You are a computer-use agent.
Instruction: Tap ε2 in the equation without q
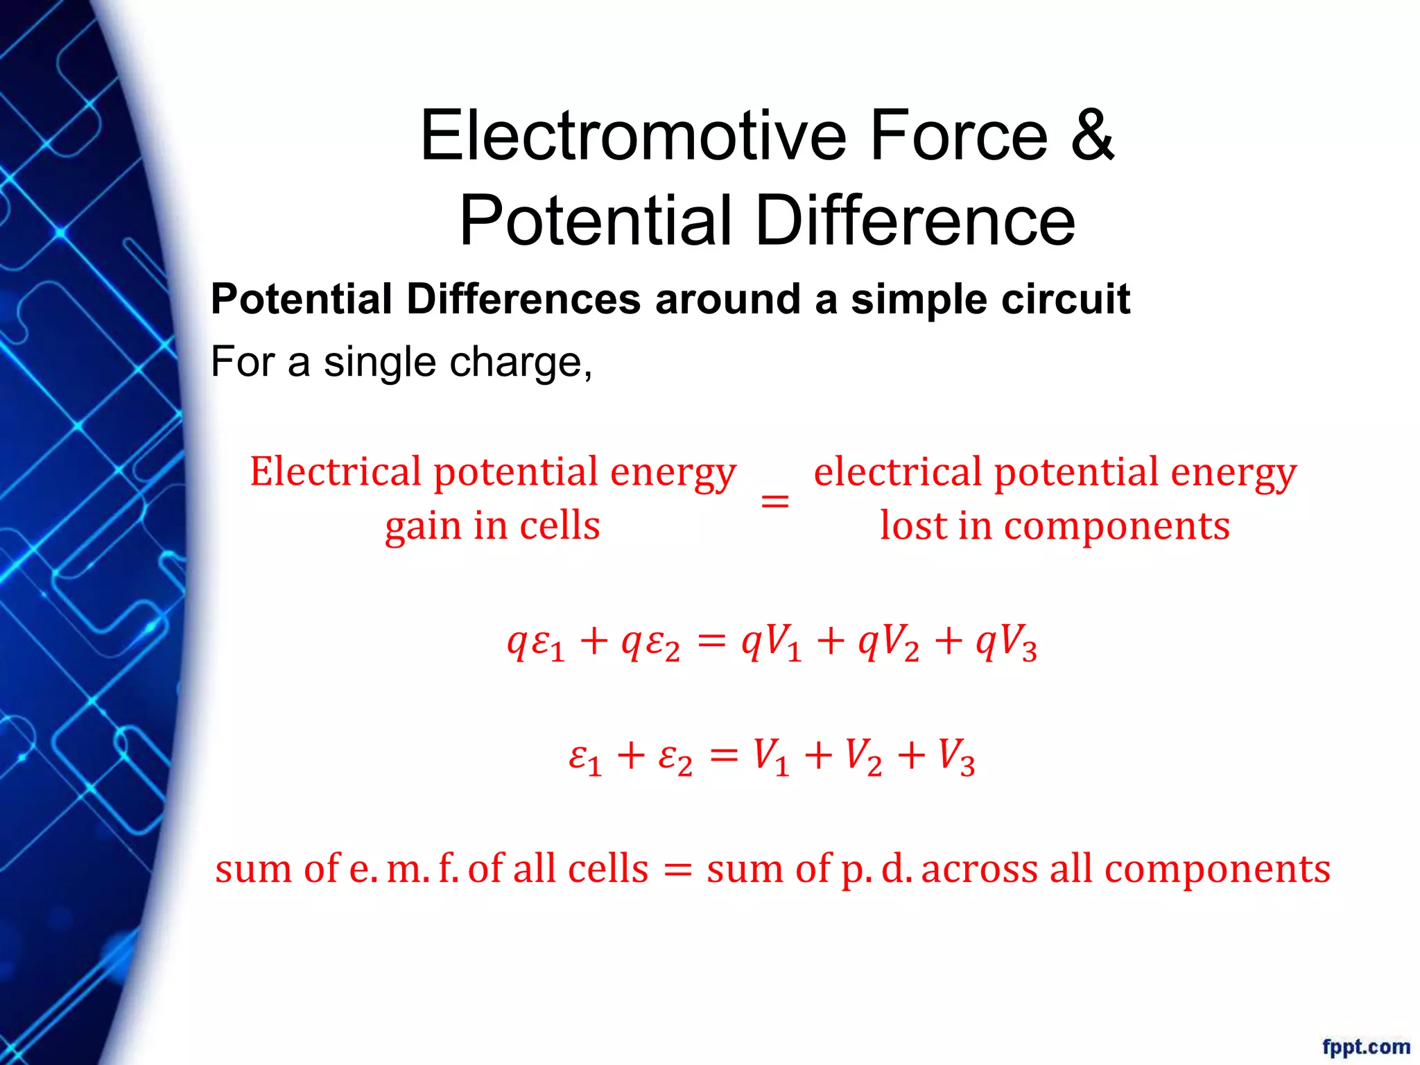coord(675,757)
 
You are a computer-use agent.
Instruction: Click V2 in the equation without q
coord(863,757)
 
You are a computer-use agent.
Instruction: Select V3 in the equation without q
coord(956,757)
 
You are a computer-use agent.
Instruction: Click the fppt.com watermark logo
coord(1365,1046)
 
